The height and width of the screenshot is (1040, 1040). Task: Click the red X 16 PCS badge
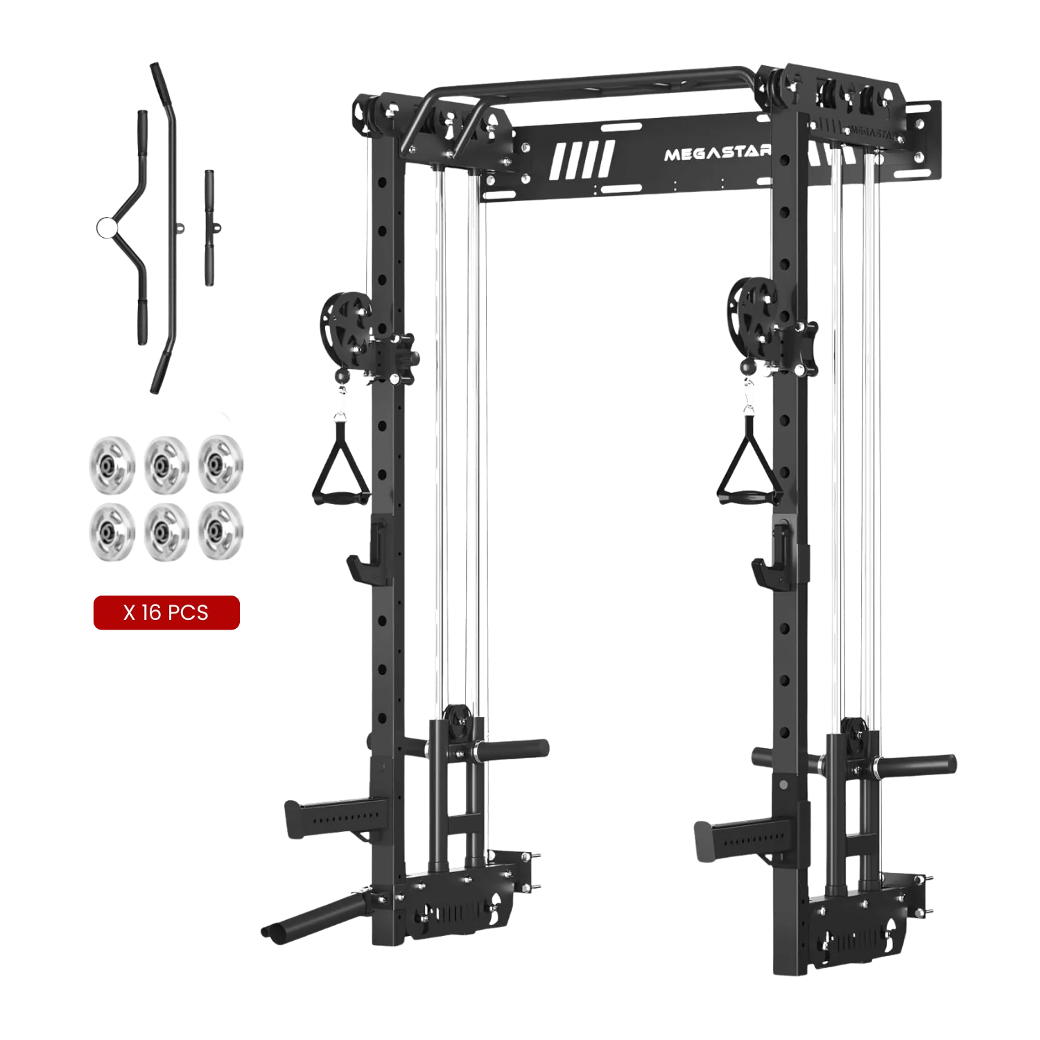coord(166,612)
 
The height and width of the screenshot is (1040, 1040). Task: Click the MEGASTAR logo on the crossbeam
coord(718,153)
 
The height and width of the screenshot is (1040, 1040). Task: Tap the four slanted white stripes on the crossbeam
coord(582,160)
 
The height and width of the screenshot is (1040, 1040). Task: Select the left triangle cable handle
coord(340,461)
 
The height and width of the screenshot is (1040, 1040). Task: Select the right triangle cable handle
coord(747,461)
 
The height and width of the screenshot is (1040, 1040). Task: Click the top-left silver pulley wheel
coord(112,465)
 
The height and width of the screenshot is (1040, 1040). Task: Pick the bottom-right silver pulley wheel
coord(220,530)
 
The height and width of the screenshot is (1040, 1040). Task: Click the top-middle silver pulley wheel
coord(166,465)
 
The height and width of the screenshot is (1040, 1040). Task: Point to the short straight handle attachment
coord(209,227)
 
